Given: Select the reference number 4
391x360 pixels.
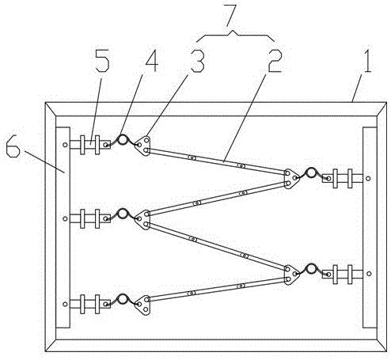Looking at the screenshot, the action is [150, 61].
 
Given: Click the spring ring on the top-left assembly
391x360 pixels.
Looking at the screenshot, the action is [123, 139].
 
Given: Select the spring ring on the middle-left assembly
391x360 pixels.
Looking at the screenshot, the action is [123, 214].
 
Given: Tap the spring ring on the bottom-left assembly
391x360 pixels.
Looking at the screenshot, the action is [123, 299].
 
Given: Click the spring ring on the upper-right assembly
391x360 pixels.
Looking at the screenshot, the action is [311, 172].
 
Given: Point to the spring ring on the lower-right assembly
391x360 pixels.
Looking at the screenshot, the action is [311, 268].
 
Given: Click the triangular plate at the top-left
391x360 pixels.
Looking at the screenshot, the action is [143, 146].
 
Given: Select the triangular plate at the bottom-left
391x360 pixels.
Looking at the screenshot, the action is [143, 305].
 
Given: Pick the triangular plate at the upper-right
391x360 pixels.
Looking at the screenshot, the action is [291, 179].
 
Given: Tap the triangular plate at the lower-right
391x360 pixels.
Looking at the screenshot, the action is [291, 275].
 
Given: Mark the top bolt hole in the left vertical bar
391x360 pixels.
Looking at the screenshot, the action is [65, 145].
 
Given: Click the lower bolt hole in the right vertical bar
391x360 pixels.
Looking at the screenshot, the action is [369, 274].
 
